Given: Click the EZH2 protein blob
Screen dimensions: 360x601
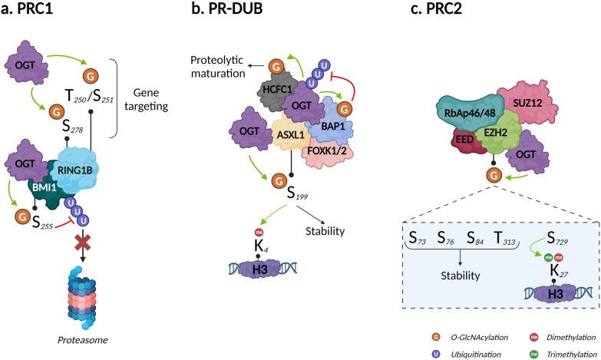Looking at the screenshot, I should coord(492,130).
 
